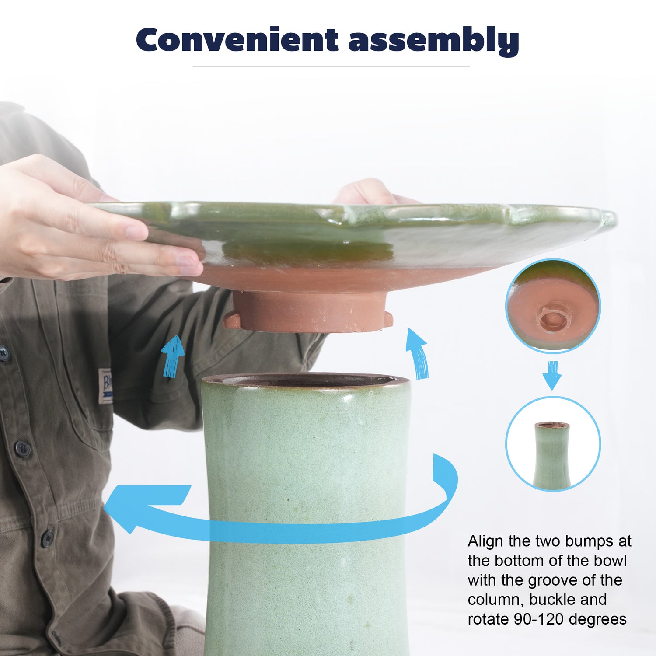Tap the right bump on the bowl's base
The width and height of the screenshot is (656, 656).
[387, 318]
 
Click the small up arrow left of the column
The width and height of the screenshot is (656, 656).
[173, 356]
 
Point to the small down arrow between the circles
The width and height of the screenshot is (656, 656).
[552, 375]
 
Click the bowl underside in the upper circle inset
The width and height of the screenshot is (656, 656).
[553, 306]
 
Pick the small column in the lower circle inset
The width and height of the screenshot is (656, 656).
[552, 455]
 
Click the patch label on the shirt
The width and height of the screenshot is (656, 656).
[105, 386]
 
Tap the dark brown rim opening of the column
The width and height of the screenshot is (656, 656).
[306, 380]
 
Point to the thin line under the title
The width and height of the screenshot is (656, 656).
[331, 67]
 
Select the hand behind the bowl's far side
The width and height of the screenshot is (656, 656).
[372, 192]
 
